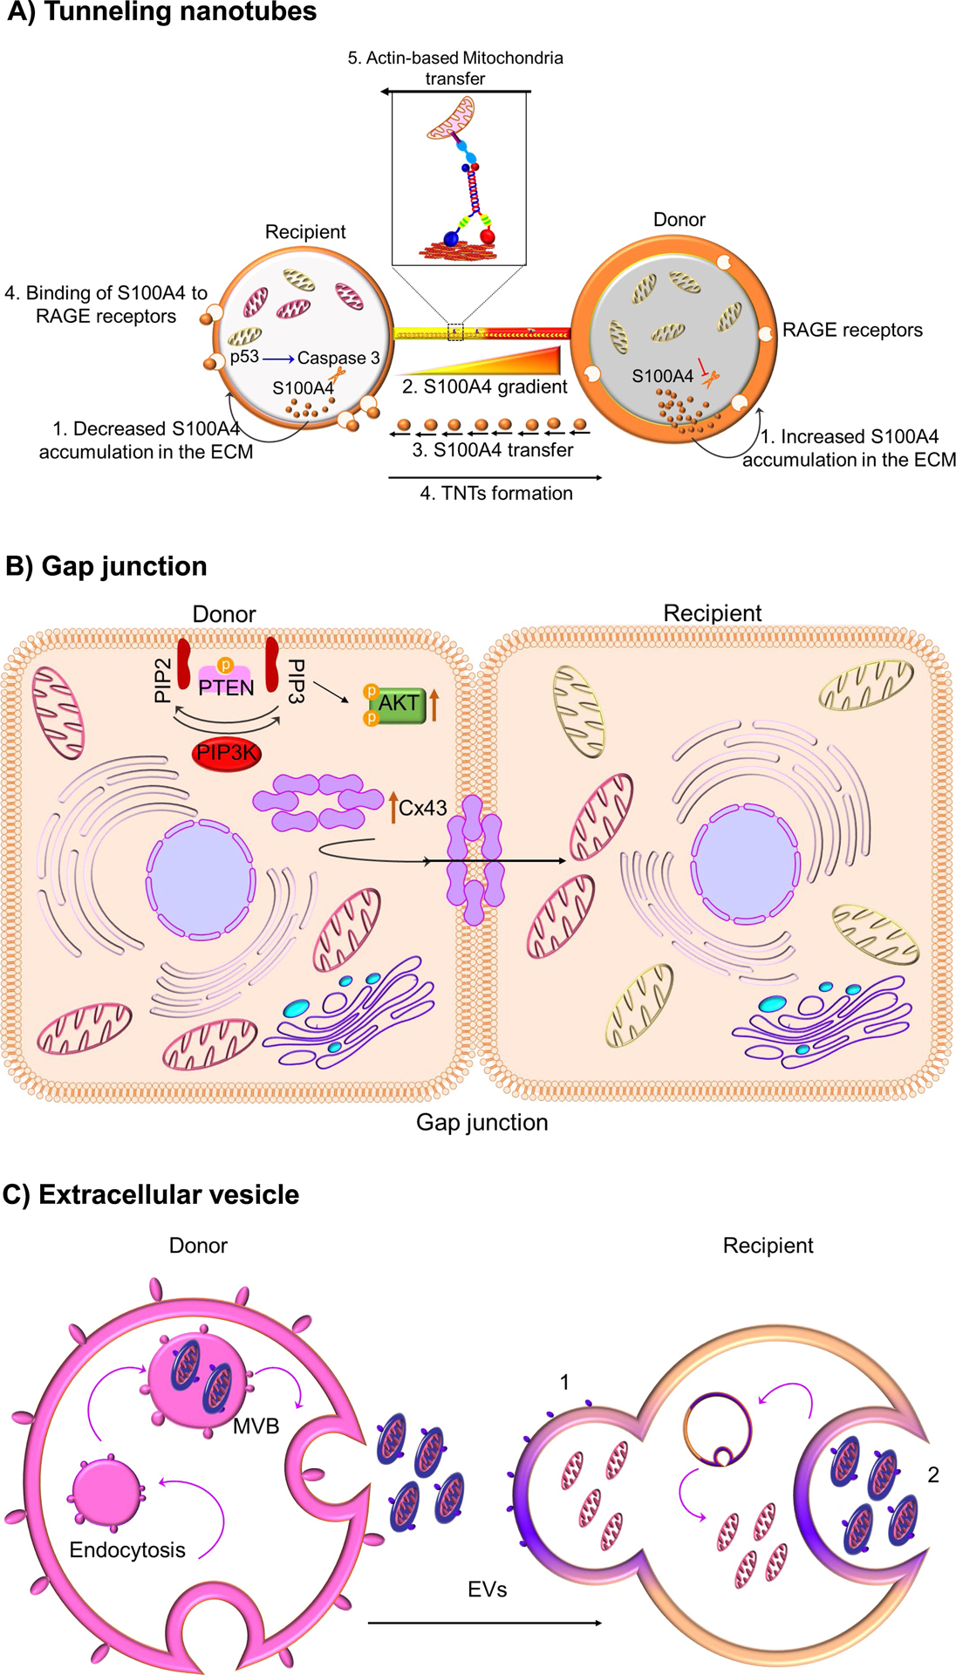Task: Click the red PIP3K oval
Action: [227, 753]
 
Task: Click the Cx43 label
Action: [422, 808]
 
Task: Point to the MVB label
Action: [256, 1425]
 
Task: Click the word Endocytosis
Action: [127, 1549]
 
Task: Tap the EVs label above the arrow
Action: [487, 1589]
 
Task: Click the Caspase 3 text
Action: [338, 358]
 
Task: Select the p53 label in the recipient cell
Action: [244, 357]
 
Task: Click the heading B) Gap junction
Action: [106, 566]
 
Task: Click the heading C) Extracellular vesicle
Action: [151, 1194]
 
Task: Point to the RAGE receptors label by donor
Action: [852, 330]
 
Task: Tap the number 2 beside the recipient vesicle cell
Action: [933, 1474]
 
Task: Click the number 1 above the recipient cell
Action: [564, 1382]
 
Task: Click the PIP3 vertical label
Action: [296, 680]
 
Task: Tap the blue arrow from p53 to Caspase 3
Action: [278, 359]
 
